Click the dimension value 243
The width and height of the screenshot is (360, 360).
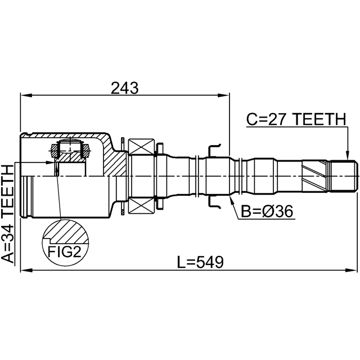125,88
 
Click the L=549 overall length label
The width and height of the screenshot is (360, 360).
200,262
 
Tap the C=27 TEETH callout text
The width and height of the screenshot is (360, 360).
296,119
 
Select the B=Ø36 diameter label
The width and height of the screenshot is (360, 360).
267,211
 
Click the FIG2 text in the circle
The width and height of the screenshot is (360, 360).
65,252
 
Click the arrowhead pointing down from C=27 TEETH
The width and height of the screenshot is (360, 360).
348,155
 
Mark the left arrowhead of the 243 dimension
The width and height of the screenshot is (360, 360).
26,95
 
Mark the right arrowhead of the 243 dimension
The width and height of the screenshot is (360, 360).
224,95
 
